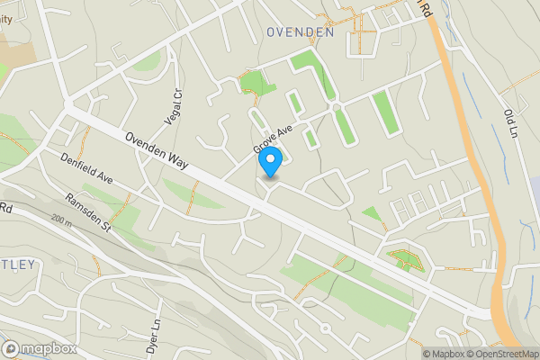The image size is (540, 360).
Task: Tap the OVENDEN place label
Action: pyautogui.click(x=301, y=31)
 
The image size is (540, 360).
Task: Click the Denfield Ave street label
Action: pyautogui.click(x=90, y=166)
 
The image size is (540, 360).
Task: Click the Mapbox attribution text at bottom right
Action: pyautogui.click(x=441, y=353)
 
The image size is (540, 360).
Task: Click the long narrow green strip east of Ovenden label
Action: pyautogui.click(x=383, y=112)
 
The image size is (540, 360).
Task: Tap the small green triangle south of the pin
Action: pyautogui.click(x=372, y=213)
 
